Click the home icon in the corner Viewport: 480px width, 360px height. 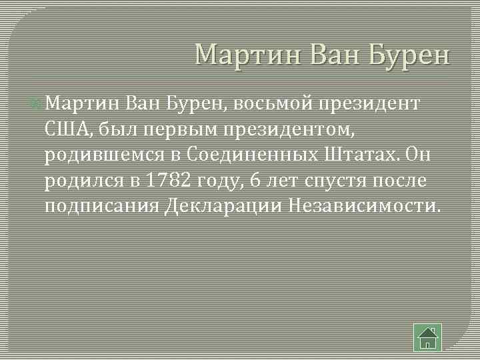click(427, 337)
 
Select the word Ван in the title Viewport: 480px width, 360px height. click(326, 53)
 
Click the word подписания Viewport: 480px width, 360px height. click(102, 205)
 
